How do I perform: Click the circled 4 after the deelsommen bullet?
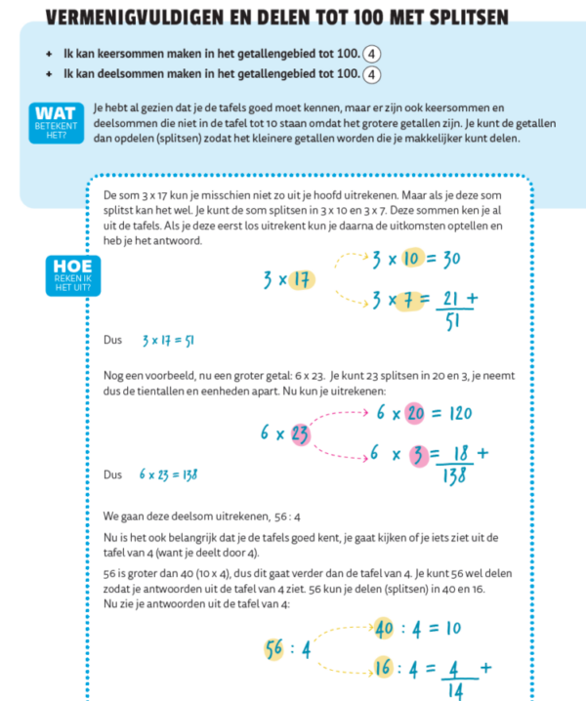371,74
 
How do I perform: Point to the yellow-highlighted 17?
303,280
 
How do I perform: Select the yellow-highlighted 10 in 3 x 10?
411,260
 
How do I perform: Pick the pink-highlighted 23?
301,433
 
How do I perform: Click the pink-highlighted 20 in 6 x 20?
417,413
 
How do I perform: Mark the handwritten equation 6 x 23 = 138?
168,474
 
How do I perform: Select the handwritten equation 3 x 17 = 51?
167,342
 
